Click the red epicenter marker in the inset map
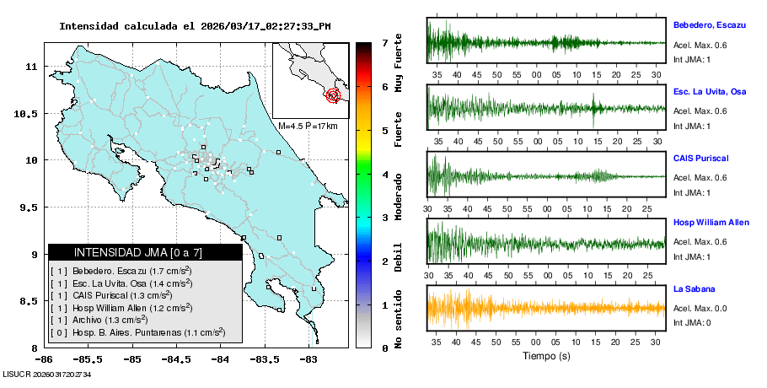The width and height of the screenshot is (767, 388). pos(333,95)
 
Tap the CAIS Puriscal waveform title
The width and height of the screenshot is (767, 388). pos(700,158)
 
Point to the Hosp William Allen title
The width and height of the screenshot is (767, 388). pos(710,223)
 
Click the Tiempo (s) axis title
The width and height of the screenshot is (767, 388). pos(545,356)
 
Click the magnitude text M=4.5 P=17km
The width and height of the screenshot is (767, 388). pos(308,127)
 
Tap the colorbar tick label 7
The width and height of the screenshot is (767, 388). pos(384,43)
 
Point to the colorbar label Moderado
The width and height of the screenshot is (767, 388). pos(398,196)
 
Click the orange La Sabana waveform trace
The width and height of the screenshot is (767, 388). pos(545,307)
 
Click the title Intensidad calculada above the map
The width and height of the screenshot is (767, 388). pos(195,26)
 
